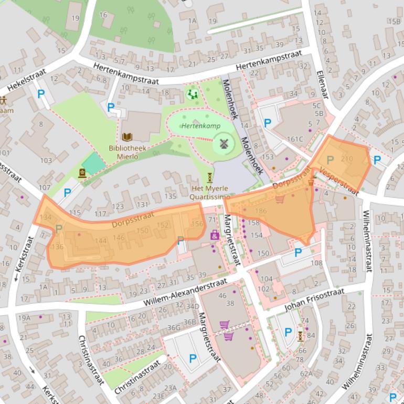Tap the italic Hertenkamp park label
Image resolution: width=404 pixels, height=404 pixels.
pyautogui.click(x=201, y=126)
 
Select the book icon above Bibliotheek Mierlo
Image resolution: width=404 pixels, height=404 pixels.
pyautogui.click(x=127, y=137)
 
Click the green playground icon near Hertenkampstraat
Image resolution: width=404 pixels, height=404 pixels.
pyautogui.click(x=192, y=94)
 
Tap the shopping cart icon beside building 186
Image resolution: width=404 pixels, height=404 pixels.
pyautogui.click(x=280, y=199)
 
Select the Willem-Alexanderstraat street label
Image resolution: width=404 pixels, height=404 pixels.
pyautogui.click(x=181, y=294)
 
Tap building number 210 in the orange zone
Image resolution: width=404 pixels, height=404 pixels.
pyautogui.click(x=347, y=159)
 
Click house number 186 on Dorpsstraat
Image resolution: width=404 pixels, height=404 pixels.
pyautogui.click(x=261, y=211)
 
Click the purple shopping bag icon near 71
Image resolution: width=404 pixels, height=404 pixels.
pyautogui.click(x=215, y=235)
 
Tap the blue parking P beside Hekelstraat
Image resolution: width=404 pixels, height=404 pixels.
pyautogui.click(x=41, y=94)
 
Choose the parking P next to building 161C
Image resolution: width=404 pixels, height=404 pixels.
pyautogui.click(x=268, y=123)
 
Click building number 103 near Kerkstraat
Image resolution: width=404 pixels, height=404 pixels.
pyautogui.click(x=46, y=160)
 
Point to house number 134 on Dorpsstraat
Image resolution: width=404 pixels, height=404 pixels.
pyautogui.click(x=45, y=217)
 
